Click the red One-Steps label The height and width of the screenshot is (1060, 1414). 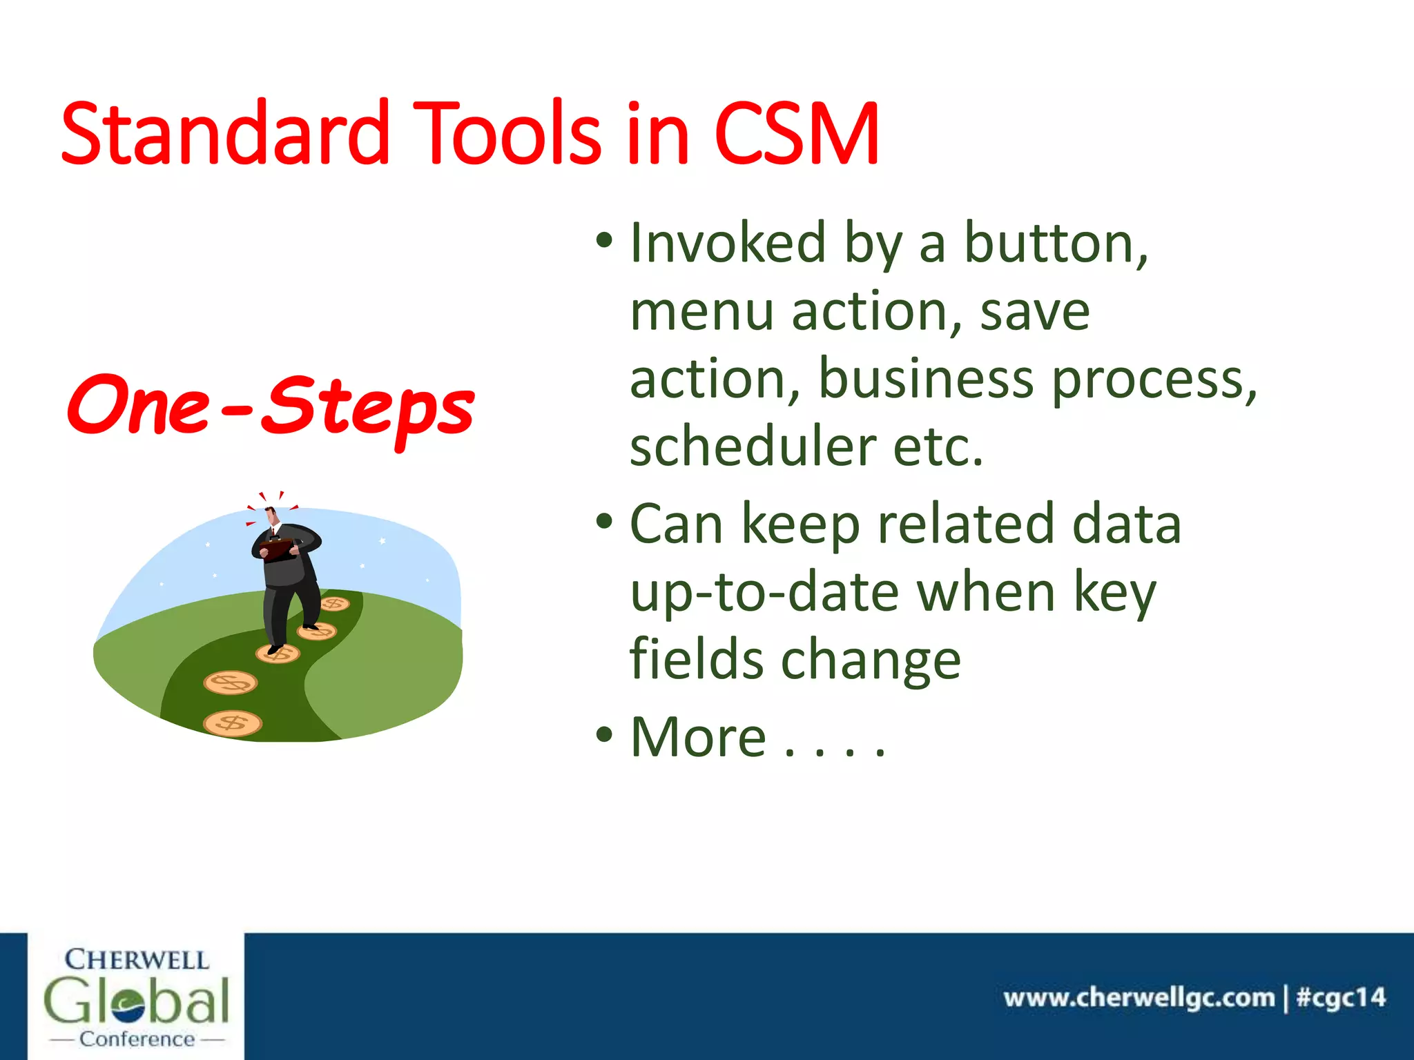(271, 407)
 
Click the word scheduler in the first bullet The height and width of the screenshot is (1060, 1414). (753, 446)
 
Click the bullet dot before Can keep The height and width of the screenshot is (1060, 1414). (604, 522)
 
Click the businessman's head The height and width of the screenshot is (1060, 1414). (271, 516)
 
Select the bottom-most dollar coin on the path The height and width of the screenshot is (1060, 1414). (233, 723)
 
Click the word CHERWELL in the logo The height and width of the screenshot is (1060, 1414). (136, 960)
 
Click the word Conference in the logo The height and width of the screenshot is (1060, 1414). (137, 1039)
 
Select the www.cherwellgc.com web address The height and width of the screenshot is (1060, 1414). (1139, 997)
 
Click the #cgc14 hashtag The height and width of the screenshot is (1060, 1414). (1340, 997)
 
